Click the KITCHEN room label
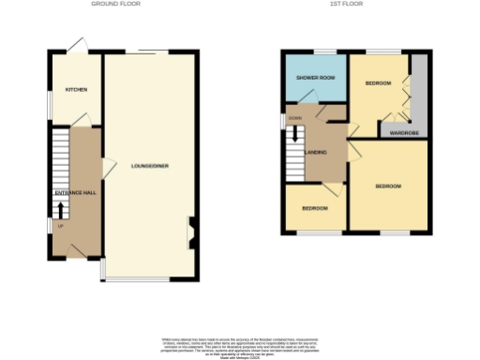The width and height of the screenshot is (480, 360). [x=76, y=90]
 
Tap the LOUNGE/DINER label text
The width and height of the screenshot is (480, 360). [x=150, y=166]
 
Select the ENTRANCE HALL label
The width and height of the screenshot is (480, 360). [x=75, y=192]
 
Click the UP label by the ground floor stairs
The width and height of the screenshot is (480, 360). [x=60, y=226]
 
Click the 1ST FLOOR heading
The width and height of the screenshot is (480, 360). [x=347, y=5]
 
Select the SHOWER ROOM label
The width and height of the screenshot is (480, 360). [x=315, y=78]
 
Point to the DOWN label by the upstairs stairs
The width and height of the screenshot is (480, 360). [x=294, y=118]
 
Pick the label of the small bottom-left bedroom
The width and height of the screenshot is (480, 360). [x=314, y=207]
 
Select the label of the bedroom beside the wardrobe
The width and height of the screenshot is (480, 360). [x=378, y=83]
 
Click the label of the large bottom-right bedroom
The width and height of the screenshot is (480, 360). [x=388, y=187]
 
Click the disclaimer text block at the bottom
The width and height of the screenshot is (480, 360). [x=239, y=346]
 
